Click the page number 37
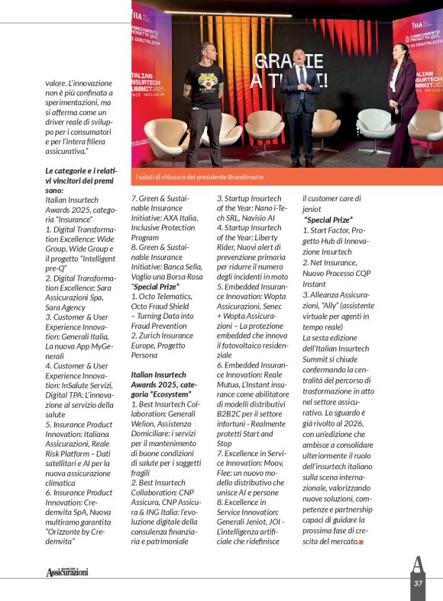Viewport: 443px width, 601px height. [x=418, y=583]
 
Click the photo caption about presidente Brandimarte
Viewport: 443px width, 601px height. [x=199, y=177]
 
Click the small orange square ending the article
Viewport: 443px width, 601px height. [x=361, y=542]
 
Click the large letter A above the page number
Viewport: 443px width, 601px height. [x=417, y=564]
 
